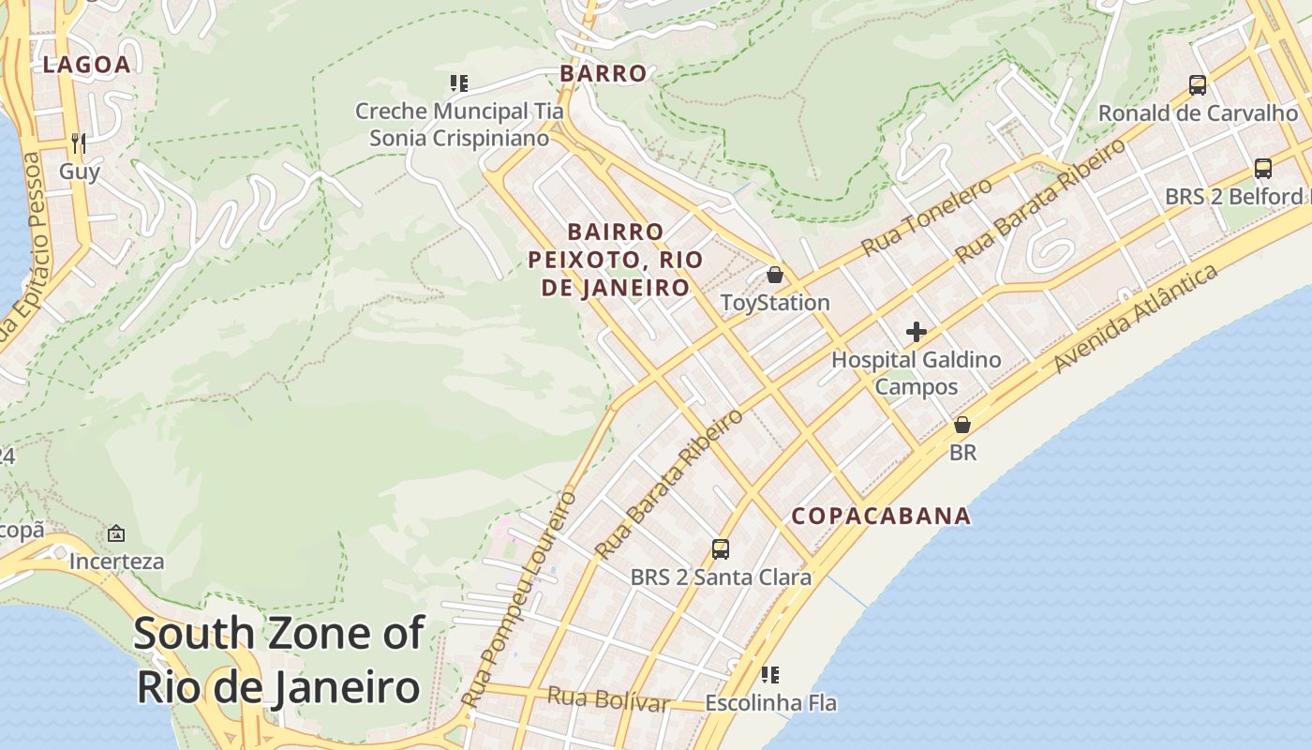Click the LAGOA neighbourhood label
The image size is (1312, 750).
pyautogui.click(x=86, y=65)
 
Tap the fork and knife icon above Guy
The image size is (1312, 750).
pyautogui.click(x=79, y=142)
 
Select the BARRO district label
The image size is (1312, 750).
pyautogui.click(x=604, y=73)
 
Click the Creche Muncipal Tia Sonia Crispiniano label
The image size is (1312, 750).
pyautogui.click(x=459, y=125)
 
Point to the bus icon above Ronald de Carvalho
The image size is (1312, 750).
pyautogui.click(x=1198, y=85)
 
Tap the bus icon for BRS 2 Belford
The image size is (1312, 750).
pyautogui.click(x=1263, y=169)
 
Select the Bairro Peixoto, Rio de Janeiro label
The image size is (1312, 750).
pyautogui.click(x=615, y=260)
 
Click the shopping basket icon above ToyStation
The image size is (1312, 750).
pyautogui.click(x=775, y=275)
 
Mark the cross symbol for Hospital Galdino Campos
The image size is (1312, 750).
pyautogui.click(x=917, y=332)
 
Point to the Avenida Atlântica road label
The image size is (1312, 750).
pyautogui.click(x=1136, y=319)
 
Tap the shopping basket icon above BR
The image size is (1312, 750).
pyautogui.click(x=962, y=425)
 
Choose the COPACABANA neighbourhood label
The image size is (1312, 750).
pyautogui.click(x=881, y=516)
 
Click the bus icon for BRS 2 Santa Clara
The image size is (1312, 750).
pyautogui.click(x=721, y=549)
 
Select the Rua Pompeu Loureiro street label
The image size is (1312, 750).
pyautogui.click(x=518, y=600)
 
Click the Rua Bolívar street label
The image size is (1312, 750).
pyautogui.click(x=607, y=699)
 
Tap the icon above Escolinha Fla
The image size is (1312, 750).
pyautogui.click(x=770, y=675)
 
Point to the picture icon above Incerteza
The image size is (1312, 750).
pyautogui.click(x=116, y=533)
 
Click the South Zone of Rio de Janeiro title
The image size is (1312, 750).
pyautogui.click(x=278, y=660)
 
